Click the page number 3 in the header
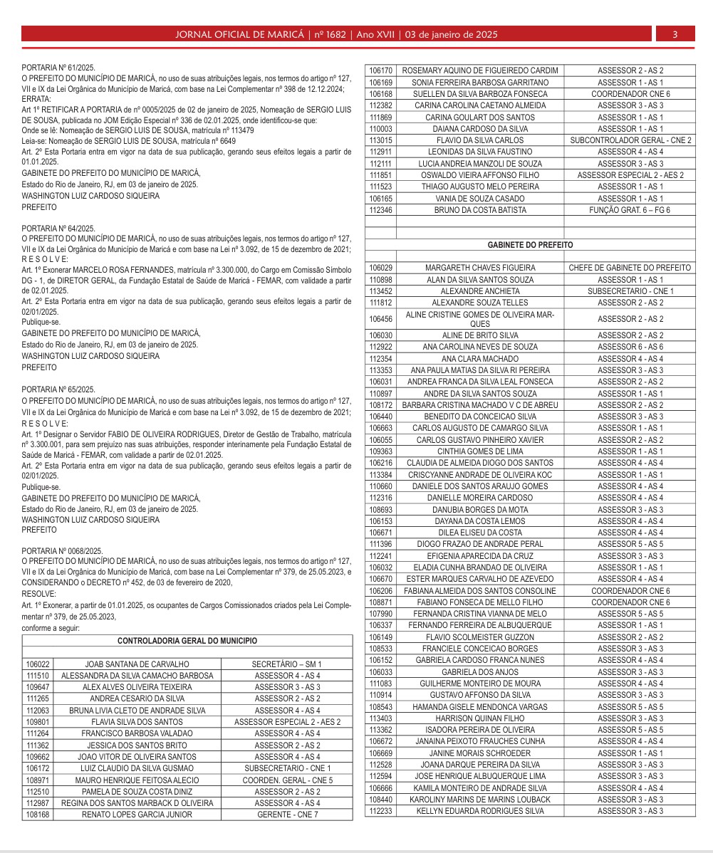click(674, 34)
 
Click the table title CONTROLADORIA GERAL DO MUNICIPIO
click(187, 641)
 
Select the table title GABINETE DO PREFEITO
click(530, 244)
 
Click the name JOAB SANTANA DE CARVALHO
click(137, 664)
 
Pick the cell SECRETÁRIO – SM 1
click(287, 664)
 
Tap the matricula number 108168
click(37, 814)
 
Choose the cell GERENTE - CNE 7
click(287, 814)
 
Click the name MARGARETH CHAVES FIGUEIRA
click(479, 268)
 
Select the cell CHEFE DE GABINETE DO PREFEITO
click(630, 268)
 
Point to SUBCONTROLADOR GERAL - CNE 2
click(630, 140)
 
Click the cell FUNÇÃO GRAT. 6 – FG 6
click(630, 210)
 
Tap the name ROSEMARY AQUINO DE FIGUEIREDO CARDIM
click(479, 70)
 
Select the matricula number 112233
click(381, 811)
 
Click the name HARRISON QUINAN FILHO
click(479, 718)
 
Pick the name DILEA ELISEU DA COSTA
click(479, 533)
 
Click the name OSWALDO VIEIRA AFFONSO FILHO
click(479, 175)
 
